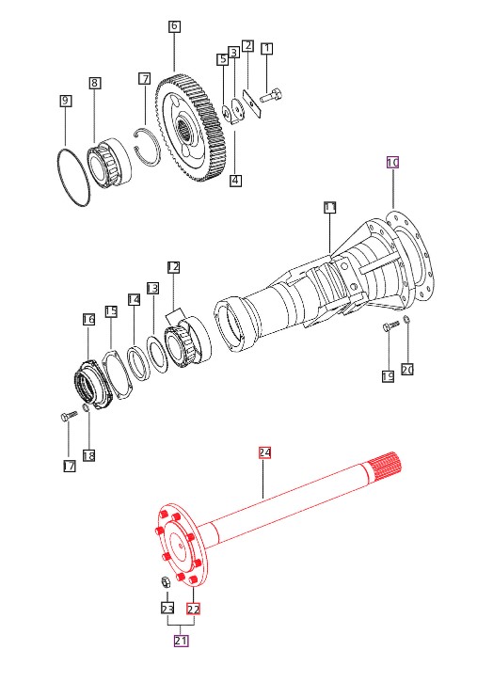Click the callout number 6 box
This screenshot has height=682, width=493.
click(174, 25)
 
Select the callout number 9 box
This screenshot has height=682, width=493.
click(65, 102)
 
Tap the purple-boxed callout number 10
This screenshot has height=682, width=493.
click(392, 163)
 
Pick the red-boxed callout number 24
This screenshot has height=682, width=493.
click(264, 452)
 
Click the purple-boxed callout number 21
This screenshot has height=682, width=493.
click(181, 641)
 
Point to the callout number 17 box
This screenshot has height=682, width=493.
click(70, 467)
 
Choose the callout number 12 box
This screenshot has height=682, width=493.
click(173, 267)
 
